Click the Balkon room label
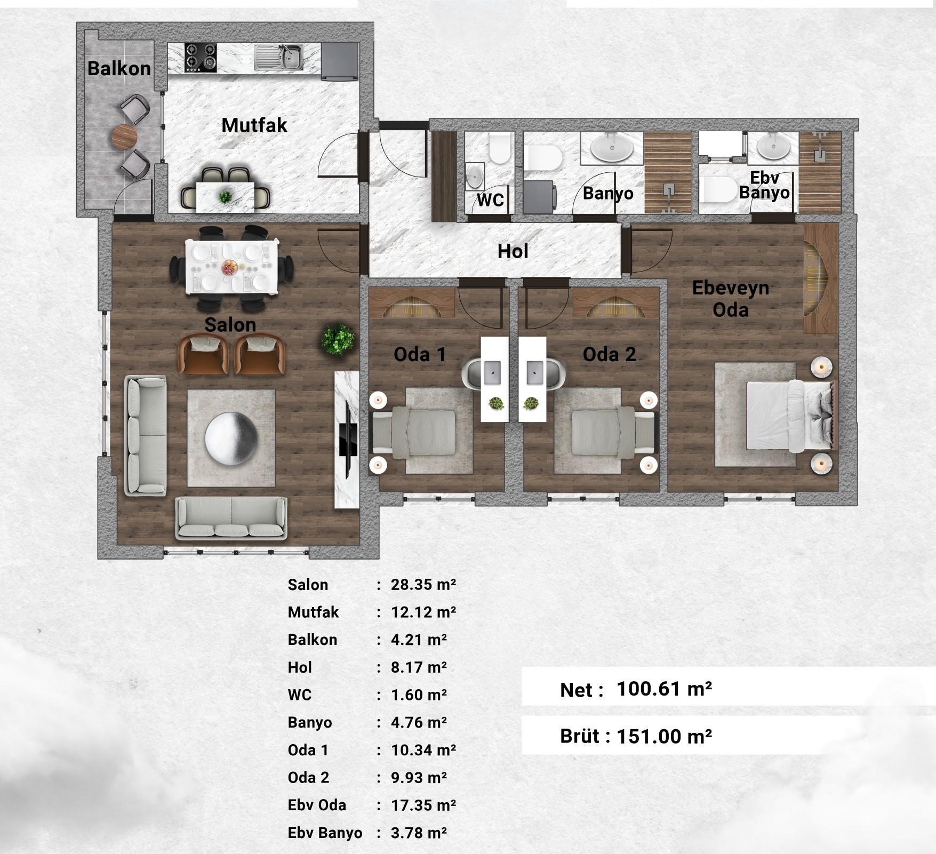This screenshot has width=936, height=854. [119, 68]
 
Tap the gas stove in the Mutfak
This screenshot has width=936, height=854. [201, 58]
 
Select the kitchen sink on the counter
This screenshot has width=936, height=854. [279, 57]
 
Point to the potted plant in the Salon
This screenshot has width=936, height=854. [338, 339]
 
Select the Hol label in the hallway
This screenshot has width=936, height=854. [513, 251]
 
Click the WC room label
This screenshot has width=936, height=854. [490, 200]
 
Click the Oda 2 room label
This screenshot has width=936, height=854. [609, 354]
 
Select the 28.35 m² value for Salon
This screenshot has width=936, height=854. [423, 585]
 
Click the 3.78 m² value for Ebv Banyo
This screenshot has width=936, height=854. [419, 833]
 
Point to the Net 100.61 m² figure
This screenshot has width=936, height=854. [664, 689]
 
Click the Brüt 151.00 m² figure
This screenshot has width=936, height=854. [664, 737]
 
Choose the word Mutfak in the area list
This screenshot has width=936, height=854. [313, 612]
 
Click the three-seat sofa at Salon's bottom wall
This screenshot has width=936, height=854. [231, 517]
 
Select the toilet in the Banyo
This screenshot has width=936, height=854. [543, 158]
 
